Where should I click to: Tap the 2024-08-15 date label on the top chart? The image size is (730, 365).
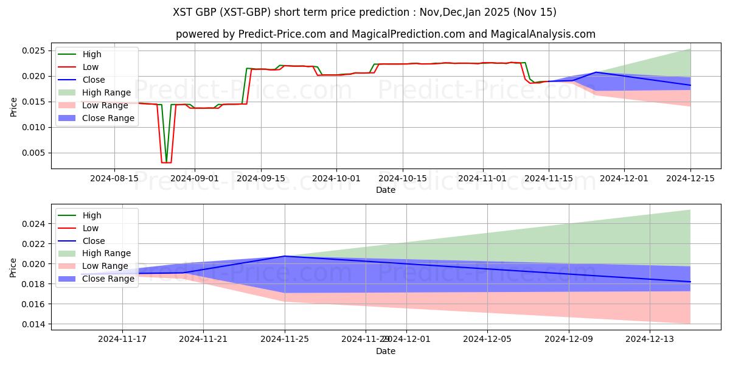click(x=114, y=178)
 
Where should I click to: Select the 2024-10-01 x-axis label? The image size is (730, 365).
click(x=336, y=178)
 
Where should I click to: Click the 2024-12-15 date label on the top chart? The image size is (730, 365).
click(x=690, y=178)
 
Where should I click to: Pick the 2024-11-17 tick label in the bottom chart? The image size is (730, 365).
click(x=122, y=339)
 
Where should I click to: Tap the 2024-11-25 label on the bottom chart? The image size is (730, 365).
click(x=285, y=339)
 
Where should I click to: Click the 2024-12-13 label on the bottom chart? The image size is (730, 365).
click(x=650, y=339)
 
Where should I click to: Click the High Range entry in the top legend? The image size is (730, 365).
click(x=106, y=92)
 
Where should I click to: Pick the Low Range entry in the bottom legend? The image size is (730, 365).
click(x=105, y=266)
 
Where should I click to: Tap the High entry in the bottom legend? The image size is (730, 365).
click(x=91, y=215)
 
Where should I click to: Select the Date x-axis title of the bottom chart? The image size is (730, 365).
click(x=386, y=351)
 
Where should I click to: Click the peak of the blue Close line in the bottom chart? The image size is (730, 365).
click(x=285, y=256)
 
